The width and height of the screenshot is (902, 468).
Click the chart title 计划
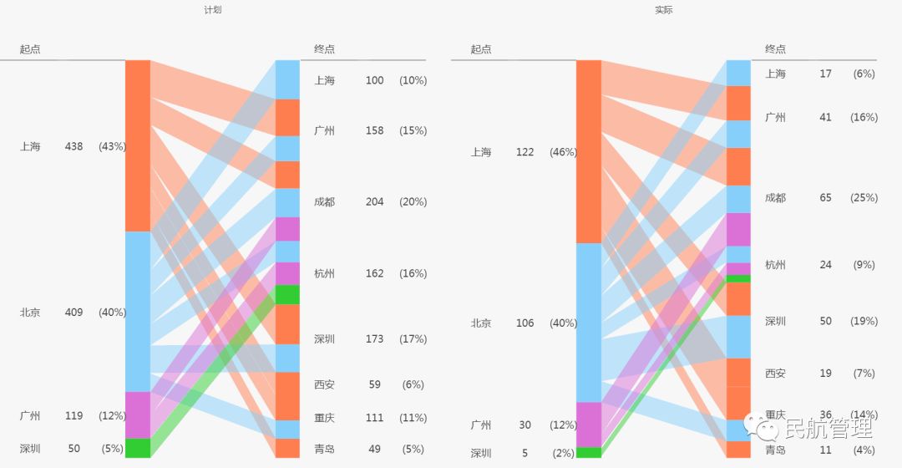tap(213, 10)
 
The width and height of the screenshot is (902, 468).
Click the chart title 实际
tap(664, 10)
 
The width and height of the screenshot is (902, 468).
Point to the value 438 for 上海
tap(73, 146)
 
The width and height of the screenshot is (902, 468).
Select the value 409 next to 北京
tap(73, 313)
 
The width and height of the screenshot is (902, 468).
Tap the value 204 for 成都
tap(374, 202)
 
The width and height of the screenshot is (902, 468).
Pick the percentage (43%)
tap(112, 146)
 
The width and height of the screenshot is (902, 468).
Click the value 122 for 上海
tap(524, 152)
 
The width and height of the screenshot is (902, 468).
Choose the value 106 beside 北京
tap(524, 323)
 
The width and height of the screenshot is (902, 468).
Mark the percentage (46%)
tap(563, 152)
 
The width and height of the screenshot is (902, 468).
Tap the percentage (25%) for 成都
tap(864, 198)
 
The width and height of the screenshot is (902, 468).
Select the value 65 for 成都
tap(825, 198)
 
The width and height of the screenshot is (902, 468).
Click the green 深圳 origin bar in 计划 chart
tap(138, 448)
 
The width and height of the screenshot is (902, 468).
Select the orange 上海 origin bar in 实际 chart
tap(589, 151)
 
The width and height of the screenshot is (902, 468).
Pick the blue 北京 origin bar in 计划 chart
tap(138, 311)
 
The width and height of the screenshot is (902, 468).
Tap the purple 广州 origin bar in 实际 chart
tap(589, 425)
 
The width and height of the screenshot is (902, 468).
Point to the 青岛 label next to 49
tap(324, 450)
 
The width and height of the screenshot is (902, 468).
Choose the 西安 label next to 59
tap(324, 385)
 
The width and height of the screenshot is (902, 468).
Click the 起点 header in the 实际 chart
tap(481, 49)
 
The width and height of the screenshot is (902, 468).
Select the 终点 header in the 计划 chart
tap(324, 49)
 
